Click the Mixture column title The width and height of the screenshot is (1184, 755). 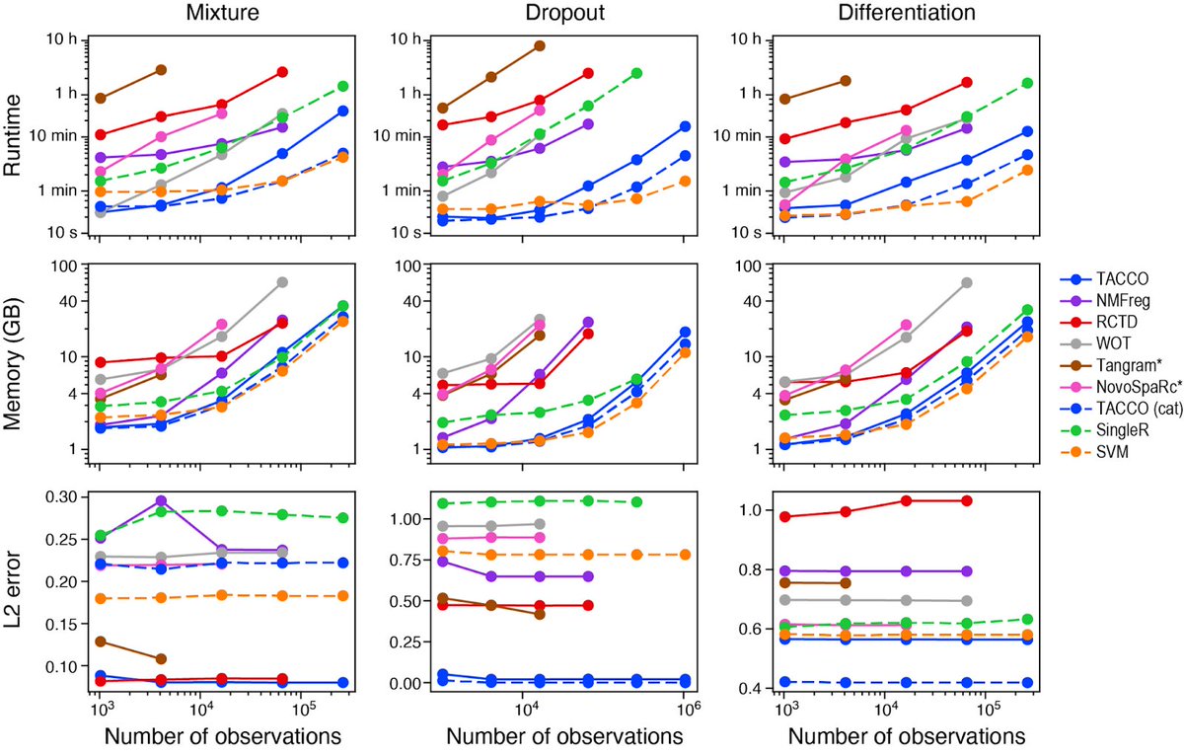(223, 13)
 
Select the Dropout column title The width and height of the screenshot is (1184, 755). (564, 13)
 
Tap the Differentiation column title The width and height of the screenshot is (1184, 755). (907, 13)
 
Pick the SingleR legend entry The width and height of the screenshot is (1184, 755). (1104, 430)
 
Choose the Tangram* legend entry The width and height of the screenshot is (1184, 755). (1104, 365)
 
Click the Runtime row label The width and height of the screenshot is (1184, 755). (13, 135)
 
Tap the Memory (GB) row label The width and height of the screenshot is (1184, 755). (13, 364)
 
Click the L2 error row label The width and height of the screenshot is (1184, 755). (13, 590)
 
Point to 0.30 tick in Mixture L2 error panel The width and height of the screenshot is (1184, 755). (62, 497)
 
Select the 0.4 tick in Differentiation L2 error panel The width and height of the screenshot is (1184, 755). (748, 689)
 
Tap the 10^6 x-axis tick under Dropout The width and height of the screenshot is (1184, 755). (685, 709)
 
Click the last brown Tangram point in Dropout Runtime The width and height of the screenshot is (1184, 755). (539, 46)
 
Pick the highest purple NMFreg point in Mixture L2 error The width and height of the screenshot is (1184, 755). (161, 500)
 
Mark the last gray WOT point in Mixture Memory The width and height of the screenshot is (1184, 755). (282, 282)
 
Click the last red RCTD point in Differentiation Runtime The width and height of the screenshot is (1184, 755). (966, 83)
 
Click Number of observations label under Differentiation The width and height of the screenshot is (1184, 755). (907, 736)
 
